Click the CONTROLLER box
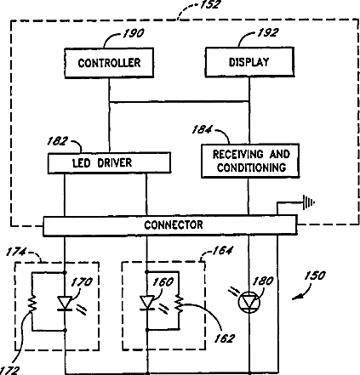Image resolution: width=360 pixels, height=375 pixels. click(109, 63)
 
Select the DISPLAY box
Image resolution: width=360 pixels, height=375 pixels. click(249, 62)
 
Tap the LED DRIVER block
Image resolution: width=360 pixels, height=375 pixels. click(109, 163)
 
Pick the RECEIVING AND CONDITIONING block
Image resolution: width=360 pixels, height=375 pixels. click(250, 161)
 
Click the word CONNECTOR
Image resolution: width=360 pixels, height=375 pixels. click(174, 225)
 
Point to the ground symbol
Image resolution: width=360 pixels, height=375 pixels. click(309, 202)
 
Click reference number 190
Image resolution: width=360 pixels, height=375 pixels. click(134, 33)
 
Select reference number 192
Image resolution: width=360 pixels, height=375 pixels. click(268, 32)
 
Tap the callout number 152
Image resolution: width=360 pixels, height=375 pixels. click(210, 5)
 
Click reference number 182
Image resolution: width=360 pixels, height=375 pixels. click(58, 141)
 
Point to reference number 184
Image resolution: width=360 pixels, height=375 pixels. click(202, 129)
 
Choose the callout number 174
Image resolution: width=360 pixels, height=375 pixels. click(16, 252)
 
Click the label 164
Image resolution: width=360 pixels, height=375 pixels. click(222, 251)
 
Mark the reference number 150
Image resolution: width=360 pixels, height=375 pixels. click(315, 276)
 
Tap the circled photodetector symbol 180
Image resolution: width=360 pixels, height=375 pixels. click(249, 302)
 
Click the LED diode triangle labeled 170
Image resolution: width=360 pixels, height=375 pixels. click(65, 304)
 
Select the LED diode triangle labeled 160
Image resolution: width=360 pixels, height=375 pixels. click(147, 303)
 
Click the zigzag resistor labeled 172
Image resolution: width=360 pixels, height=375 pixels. click(32, 304)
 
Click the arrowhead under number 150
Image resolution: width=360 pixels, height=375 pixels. click(296, 297)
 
